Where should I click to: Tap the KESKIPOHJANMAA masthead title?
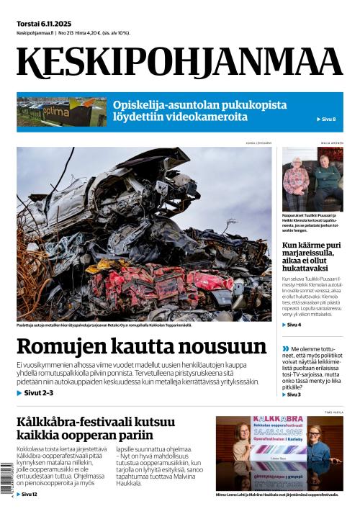(179, 62)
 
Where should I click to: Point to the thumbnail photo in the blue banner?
(62, 112)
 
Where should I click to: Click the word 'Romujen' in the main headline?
(60, 347)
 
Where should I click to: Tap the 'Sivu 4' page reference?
(291, 325)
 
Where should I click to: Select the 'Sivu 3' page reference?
(291, 394)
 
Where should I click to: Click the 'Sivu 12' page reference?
(27, 495)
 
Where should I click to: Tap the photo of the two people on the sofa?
(312, 180)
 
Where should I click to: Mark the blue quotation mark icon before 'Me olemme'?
(286, 349)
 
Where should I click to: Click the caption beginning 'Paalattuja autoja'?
(104, 326)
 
